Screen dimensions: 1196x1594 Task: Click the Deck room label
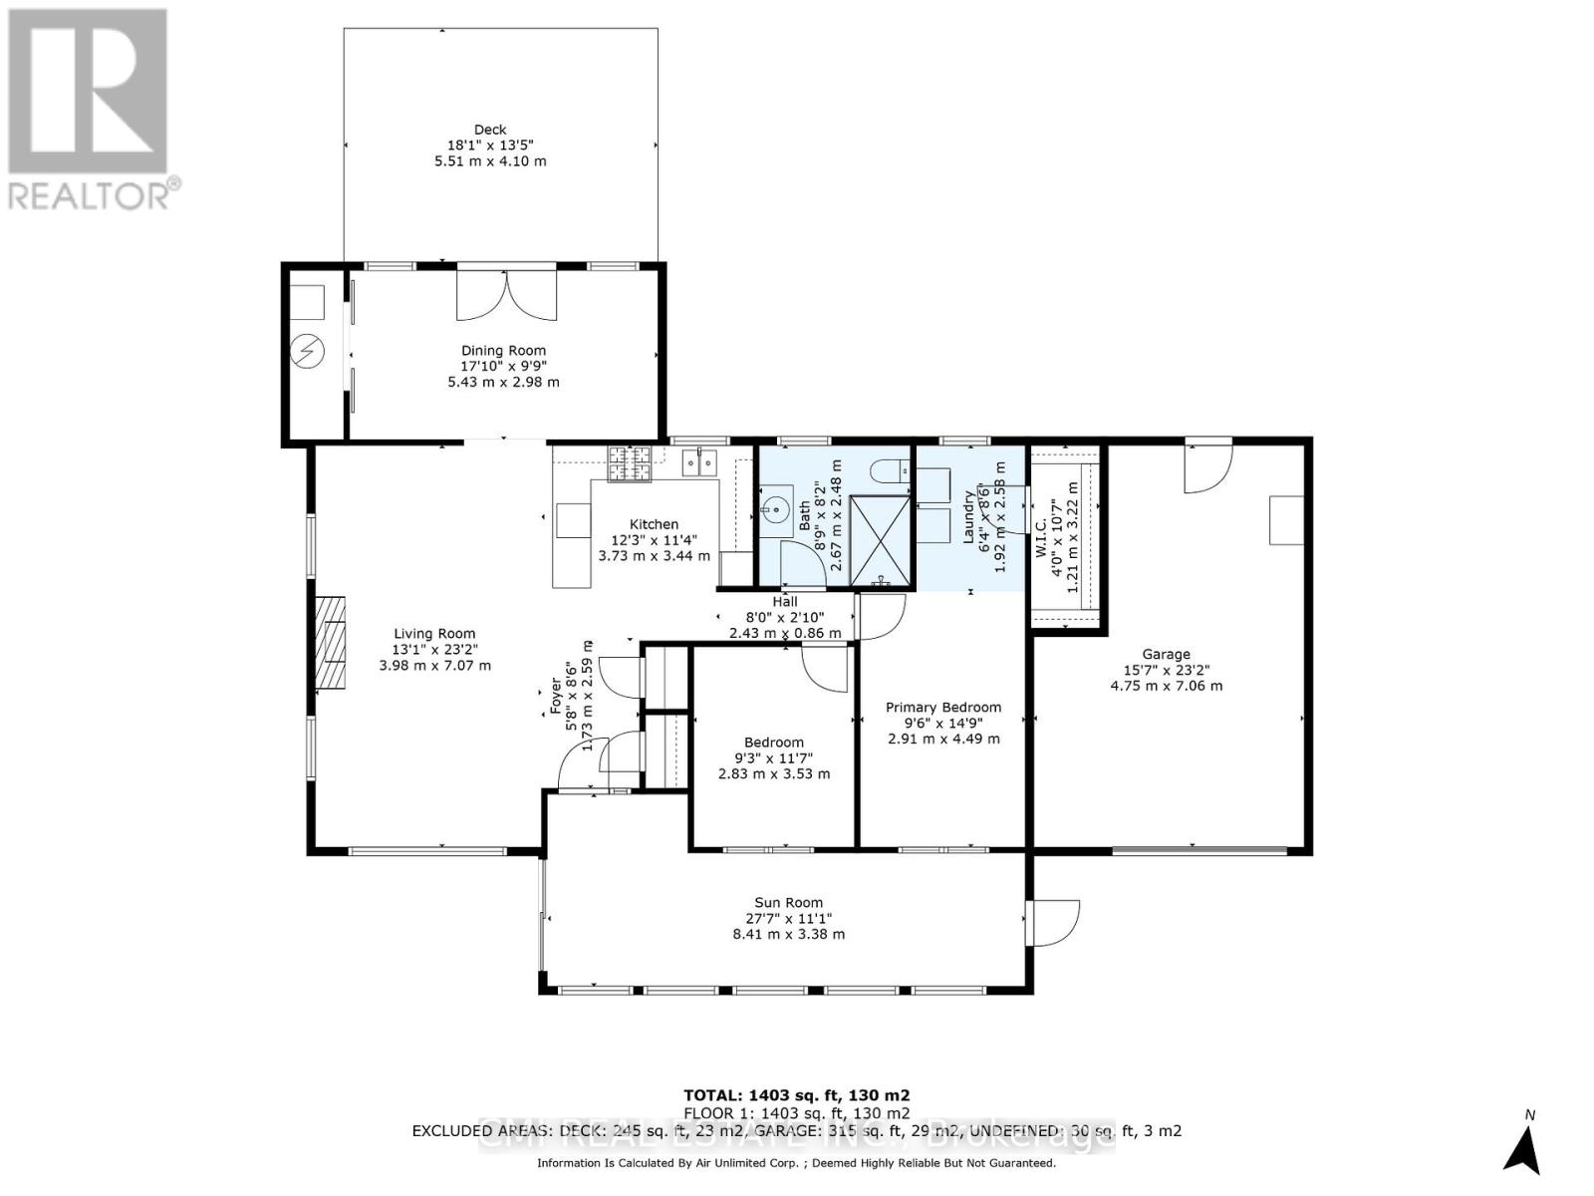pos(490,130)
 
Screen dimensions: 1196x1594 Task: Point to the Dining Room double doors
pos(505,295)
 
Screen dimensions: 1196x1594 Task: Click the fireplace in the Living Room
pos(330,642)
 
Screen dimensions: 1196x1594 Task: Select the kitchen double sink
pos(699,463)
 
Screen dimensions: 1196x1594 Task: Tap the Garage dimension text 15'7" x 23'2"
pos(1166,670)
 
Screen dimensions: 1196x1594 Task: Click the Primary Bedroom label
pos(942,707)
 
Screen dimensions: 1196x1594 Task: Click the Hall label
pos(785,601)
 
